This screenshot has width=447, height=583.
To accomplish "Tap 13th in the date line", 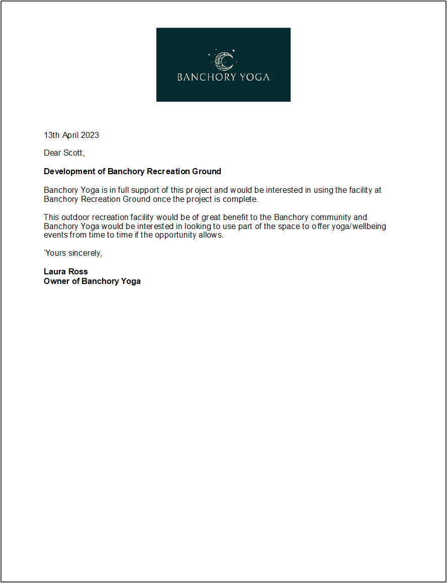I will (x=52, y=135).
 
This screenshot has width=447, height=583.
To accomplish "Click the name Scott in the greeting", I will (x=73, y=153).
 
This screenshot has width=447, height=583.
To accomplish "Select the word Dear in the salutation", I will (x=52, y=153).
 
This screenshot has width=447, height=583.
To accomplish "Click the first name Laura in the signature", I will (x=54, y=272).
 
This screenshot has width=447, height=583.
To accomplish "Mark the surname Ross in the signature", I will (x=77, y=272).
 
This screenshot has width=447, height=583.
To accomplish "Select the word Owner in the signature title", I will (x=56, y=281).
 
